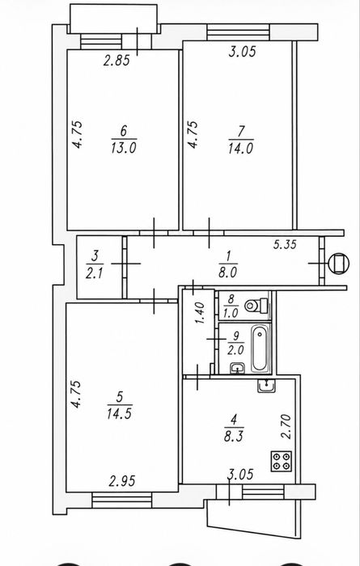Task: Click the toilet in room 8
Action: tap(256, 306)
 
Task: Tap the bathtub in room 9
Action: tap(260, 348)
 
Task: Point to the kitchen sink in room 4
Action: tap(266, 386)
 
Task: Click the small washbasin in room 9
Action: tap(238, 368)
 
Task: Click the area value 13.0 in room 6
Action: tap(124, 148)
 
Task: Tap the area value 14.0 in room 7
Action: tap(241, 148)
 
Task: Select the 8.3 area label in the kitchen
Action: tap(234, 436)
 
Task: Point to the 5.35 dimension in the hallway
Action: tap(285, 244)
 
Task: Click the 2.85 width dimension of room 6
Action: tap(116, 61)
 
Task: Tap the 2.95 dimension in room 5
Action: tap(122, 481)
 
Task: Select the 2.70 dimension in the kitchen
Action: tap(286, 426)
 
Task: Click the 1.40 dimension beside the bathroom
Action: tap(201, 313)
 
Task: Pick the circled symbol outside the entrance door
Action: tap(339, 263)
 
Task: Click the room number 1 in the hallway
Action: tap(228, 256)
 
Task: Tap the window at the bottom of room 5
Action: tap(121, 500)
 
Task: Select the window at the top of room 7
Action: tap(239, 32)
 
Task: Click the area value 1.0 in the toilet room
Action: tap(231, 313)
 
